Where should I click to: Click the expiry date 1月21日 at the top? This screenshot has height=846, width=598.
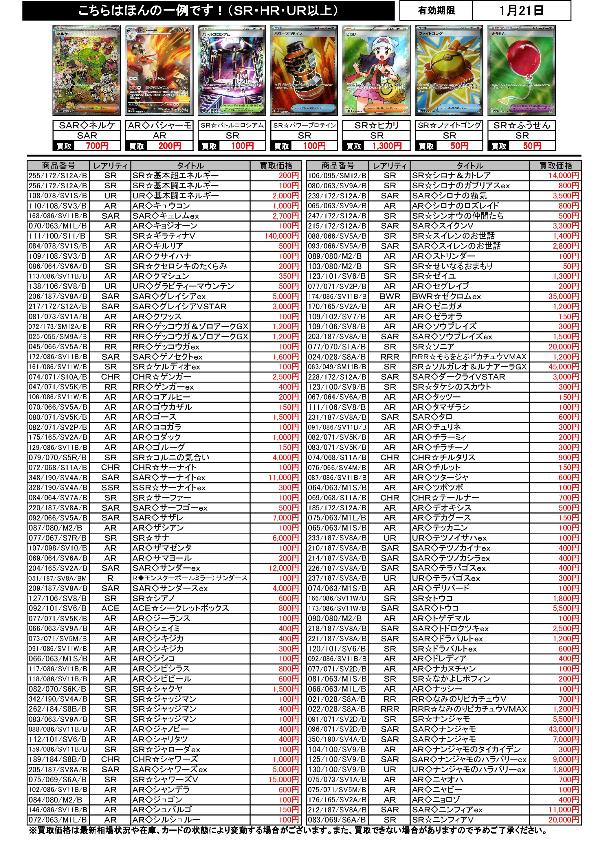coord(521,11)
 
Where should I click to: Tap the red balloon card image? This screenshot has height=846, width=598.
coord(521,70)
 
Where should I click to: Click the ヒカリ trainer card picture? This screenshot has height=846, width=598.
coord(376,70)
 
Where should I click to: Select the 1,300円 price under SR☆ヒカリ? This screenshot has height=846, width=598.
coord(386,146)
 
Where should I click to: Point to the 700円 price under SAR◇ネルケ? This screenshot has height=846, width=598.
coord(97,146)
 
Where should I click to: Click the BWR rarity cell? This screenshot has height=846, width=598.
coord(390,296)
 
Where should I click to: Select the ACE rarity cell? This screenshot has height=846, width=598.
coord(110,608)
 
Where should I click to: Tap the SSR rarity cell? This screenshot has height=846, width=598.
coord(110,488)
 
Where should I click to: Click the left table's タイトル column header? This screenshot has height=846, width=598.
coord(190,166)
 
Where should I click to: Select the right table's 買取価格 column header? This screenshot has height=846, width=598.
coord(555,166)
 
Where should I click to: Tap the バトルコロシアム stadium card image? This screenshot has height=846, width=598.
coord(232,70)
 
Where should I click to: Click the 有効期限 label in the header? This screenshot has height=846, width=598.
coord(436,11)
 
